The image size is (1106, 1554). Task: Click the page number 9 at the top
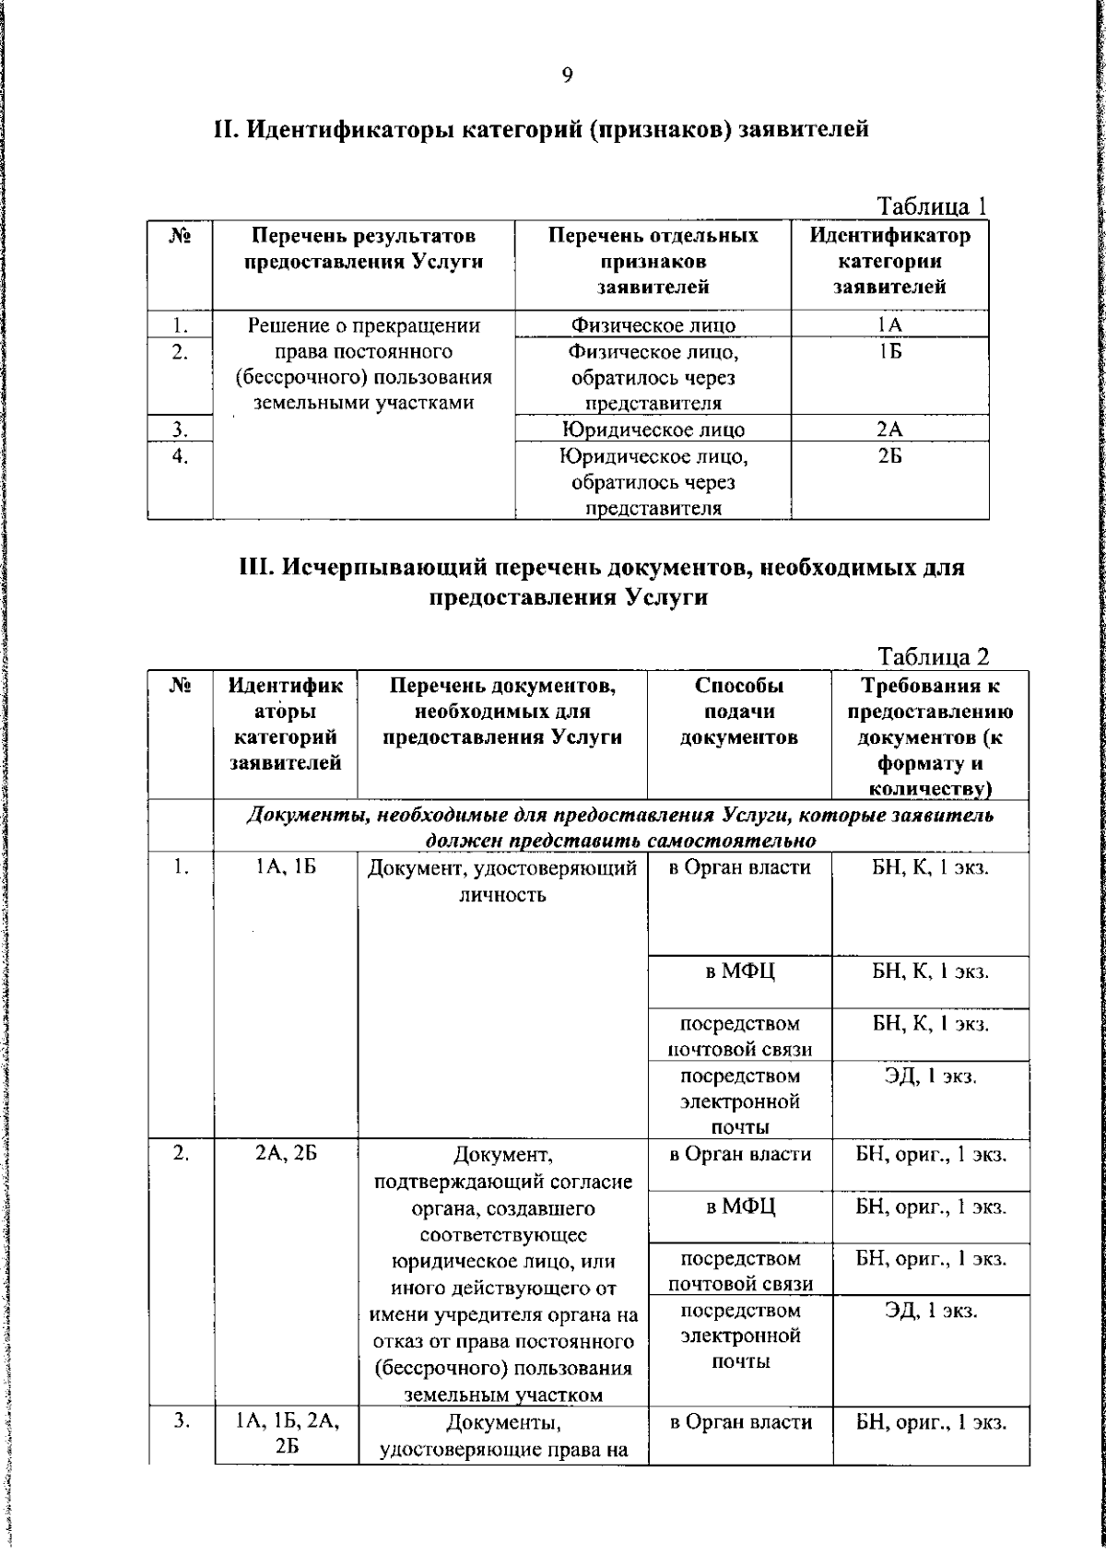click(567, 76)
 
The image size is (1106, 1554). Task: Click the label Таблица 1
click(932, 206)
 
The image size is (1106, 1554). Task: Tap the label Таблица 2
click(934, 656)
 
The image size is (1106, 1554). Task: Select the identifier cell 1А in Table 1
click(889, 324)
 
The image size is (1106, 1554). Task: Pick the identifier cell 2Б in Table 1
click(889, 456)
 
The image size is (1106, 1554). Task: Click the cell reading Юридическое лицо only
click(653, 430)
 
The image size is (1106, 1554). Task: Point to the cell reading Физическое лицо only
click(653, 324)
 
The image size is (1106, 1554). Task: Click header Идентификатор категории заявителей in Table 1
click(889, 261)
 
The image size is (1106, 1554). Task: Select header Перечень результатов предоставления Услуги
click(364, 249)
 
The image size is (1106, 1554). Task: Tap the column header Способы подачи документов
click(739, 712)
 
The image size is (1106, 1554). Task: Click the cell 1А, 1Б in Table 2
click(286, 868)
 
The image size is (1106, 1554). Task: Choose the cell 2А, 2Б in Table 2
click(286, 1154)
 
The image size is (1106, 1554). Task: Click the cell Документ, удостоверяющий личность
click(502, 881)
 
